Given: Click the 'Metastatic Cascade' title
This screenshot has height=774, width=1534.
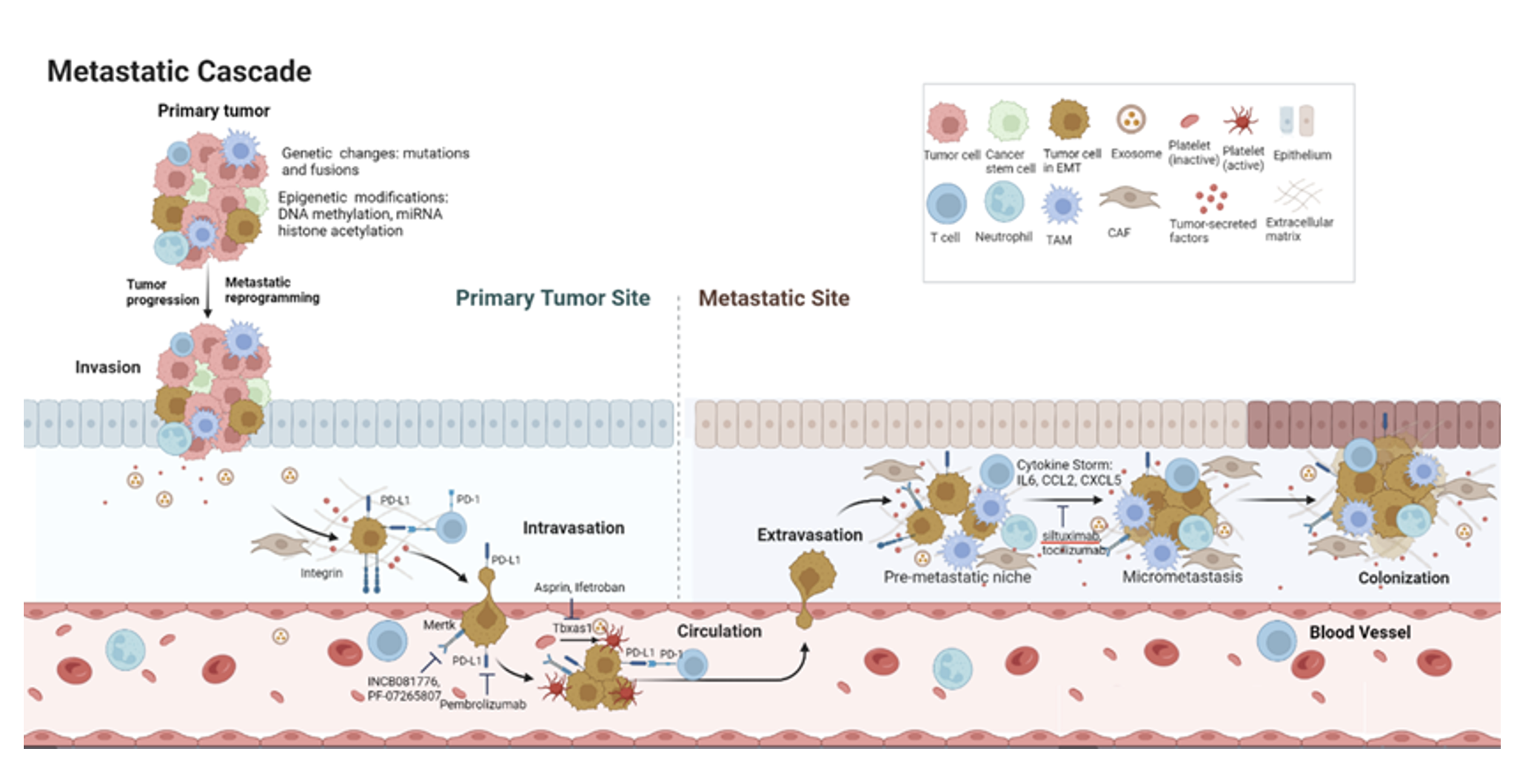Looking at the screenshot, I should pos(179,72).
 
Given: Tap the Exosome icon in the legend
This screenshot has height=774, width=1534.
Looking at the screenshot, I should pos(1131,119).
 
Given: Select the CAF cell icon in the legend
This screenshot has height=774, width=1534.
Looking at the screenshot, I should pos(1128,198).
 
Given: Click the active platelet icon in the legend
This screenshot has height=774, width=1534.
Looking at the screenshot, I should pos(1242,120).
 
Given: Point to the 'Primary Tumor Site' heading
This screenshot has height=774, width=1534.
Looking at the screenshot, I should pos(552,298).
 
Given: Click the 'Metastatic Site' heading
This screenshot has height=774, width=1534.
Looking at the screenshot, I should pos(774,298).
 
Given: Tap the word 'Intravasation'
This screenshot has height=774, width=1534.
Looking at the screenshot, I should pos(573,528).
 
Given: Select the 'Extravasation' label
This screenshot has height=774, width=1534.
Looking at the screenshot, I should pos(809,535).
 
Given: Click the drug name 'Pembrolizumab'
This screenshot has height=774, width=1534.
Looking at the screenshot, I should pos(483,704).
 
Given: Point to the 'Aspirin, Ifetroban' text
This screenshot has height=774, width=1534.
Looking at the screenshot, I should pos(579,588).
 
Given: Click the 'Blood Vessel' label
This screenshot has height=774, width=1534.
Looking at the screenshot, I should pos(1359,633).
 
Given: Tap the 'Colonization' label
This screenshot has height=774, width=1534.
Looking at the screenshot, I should pos(1403,578).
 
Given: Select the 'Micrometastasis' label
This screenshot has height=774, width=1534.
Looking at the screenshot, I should pos(1182,577).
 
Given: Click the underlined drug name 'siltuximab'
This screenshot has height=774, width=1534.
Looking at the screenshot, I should pos(1071,536).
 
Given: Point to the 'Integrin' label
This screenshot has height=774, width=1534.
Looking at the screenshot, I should pos(321,573).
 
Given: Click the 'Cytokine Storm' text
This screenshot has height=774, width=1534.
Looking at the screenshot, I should pos(1064,465).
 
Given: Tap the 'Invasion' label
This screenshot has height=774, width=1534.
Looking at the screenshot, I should pos(107,368).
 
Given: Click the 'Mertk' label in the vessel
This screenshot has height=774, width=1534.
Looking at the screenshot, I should pos(438,625).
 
